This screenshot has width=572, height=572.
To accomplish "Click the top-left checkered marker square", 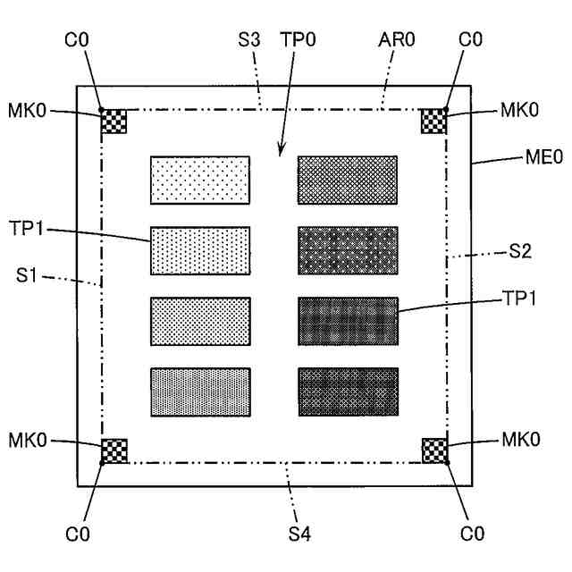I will [114, 121].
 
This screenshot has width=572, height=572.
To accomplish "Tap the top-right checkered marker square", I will [433, 121].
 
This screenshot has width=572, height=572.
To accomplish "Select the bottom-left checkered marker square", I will [114, 450].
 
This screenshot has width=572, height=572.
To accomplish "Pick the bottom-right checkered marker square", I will [433, 450].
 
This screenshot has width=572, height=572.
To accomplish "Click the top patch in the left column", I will [199, 180].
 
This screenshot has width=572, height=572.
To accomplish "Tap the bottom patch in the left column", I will [199, 391].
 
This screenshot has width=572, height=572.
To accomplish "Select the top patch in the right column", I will [347, 180].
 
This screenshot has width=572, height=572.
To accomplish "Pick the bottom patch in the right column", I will [347, 391].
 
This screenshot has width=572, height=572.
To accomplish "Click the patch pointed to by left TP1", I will [199, 250].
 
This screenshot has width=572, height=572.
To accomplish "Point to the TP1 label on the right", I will [522, 299].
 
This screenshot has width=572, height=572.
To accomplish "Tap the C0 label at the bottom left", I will [77, 534].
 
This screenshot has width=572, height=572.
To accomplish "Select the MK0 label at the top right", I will [519, 111].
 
